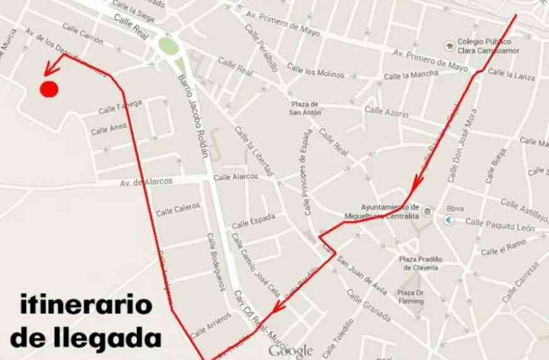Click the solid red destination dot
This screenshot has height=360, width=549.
point(49,90)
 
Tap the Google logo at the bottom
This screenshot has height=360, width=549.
point(291,351)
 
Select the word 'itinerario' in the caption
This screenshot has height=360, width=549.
point(86,306)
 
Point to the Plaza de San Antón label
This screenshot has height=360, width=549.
point(305,108)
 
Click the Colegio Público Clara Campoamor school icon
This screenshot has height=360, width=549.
point(449,45)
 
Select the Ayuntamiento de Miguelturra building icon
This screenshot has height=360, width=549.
point(427,211)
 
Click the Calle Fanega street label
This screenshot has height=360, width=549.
point(121,106)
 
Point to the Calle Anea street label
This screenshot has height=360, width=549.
point(109,129)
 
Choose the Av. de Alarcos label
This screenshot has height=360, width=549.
point(146,181)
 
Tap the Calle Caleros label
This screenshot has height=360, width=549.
point(178,208)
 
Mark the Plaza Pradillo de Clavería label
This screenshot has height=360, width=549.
point(421,263)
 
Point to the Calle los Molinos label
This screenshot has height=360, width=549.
point(316,70)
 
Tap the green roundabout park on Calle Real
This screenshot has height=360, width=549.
point(168,45)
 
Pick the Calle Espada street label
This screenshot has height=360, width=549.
point(253,221)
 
